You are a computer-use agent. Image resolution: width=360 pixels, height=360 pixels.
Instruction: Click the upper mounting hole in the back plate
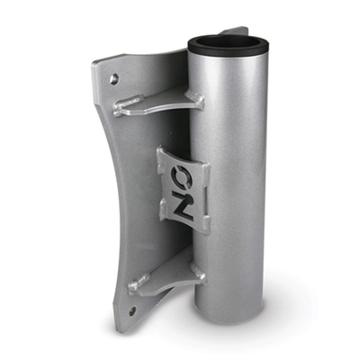114,79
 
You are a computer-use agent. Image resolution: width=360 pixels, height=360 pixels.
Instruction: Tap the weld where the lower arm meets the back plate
138,285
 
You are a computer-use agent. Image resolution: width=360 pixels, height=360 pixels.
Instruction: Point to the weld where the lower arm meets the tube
197,275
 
